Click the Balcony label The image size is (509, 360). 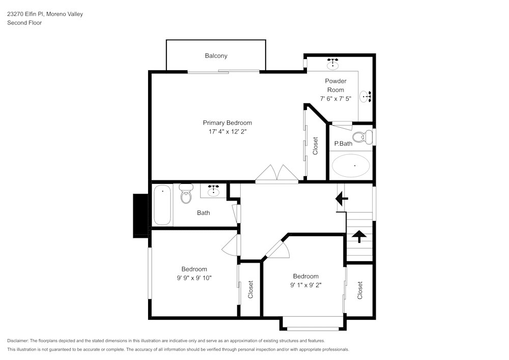tap(216, 56)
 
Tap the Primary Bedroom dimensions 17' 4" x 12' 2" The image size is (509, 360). tap(227, 132)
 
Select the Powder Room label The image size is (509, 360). tap(335, 85)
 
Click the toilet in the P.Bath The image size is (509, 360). tap(362, 136)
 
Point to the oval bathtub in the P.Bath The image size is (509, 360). tap(351, 166)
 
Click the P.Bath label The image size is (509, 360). tap(343, 144)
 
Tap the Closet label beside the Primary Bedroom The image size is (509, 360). tap(315, 146)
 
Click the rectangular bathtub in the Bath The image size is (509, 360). tap(162, 205)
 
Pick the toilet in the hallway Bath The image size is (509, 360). tap(186, 194)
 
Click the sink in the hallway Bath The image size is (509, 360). tap(213, 191)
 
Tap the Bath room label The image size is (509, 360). tap(203, 213)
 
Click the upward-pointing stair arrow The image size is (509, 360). tap(359, 235)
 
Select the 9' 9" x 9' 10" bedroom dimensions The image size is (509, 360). tap(194, 278)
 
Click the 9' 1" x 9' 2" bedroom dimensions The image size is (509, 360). tap(305, 286)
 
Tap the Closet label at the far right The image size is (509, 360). tap(360, 290)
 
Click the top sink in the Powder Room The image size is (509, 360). tap(333, 64)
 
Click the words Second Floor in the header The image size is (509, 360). tap(24, 23)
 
